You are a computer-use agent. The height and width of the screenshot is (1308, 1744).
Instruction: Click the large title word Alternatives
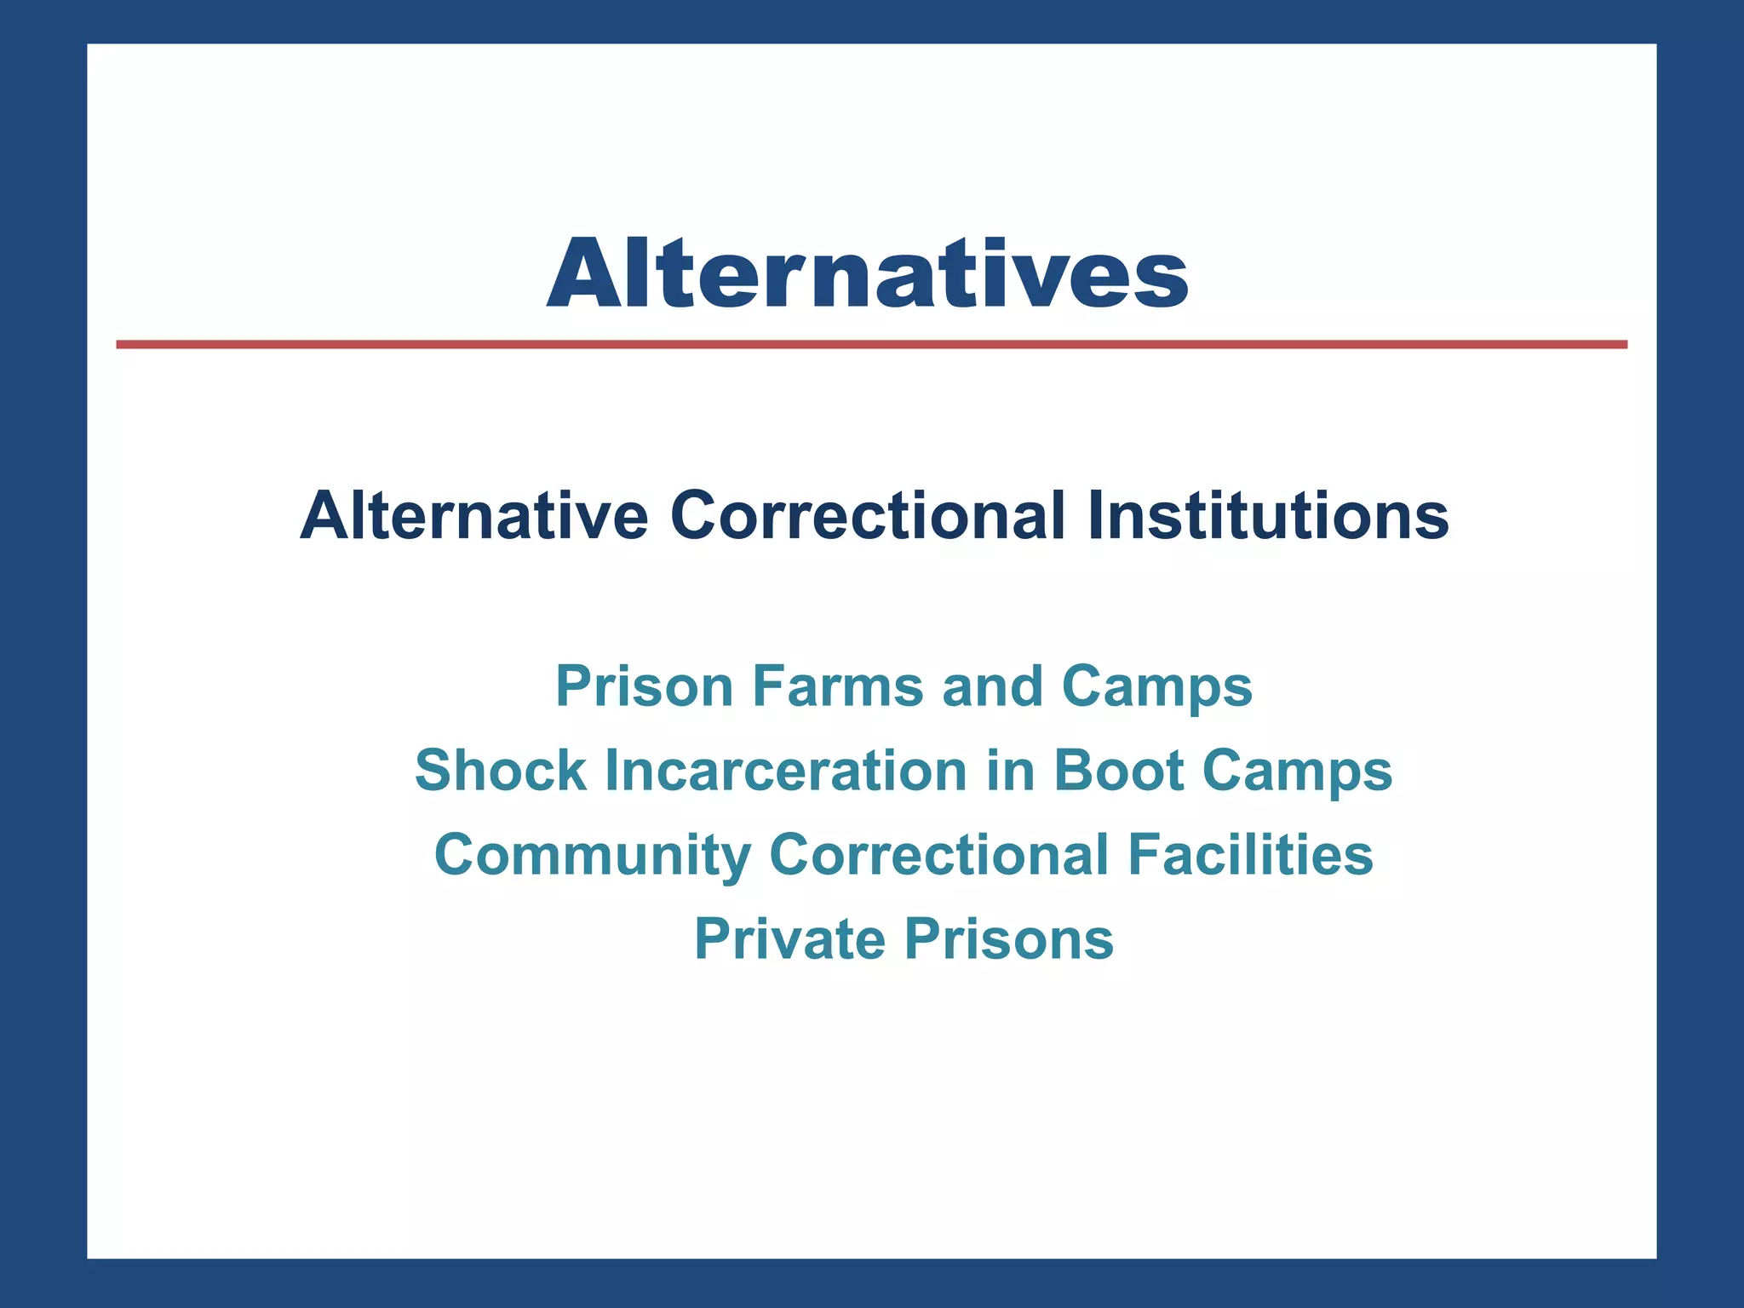(x=868, y=273)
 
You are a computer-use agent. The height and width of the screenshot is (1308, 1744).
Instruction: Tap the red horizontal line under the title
(x=871, y=344)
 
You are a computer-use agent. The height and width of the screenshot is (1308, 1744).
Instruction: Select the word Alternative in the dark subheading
(x=473, y=515)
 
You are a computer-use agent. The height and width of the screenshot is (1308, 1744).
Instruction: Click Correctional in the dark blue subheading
(x=868, y=515)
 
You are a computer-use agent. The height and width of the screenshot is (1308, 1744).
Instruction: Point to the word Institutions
(x=1268, y=515)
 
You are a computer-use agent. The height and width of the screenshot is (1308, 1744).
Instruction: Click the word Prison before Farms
(x=644, y=686)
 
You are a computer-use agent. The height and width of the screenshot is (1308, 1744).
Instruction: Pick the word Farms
(x=837, y=686)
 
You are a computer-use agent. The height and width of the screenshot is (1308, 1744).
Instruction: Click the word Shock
(x=501, y=771)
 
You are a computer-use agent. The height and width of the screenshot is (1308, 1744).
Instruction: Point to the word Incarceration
(x=786, y=771)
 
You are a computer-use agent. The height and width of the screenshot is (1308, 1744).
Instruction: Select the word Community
(x=593, y=856)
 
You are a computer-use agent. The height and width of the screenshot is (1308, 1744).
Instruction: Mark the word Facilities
(x=1250, y=855)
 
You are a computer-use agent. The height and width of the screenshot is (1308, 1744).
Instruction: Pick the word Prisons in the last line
(x=1008, y=939)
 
